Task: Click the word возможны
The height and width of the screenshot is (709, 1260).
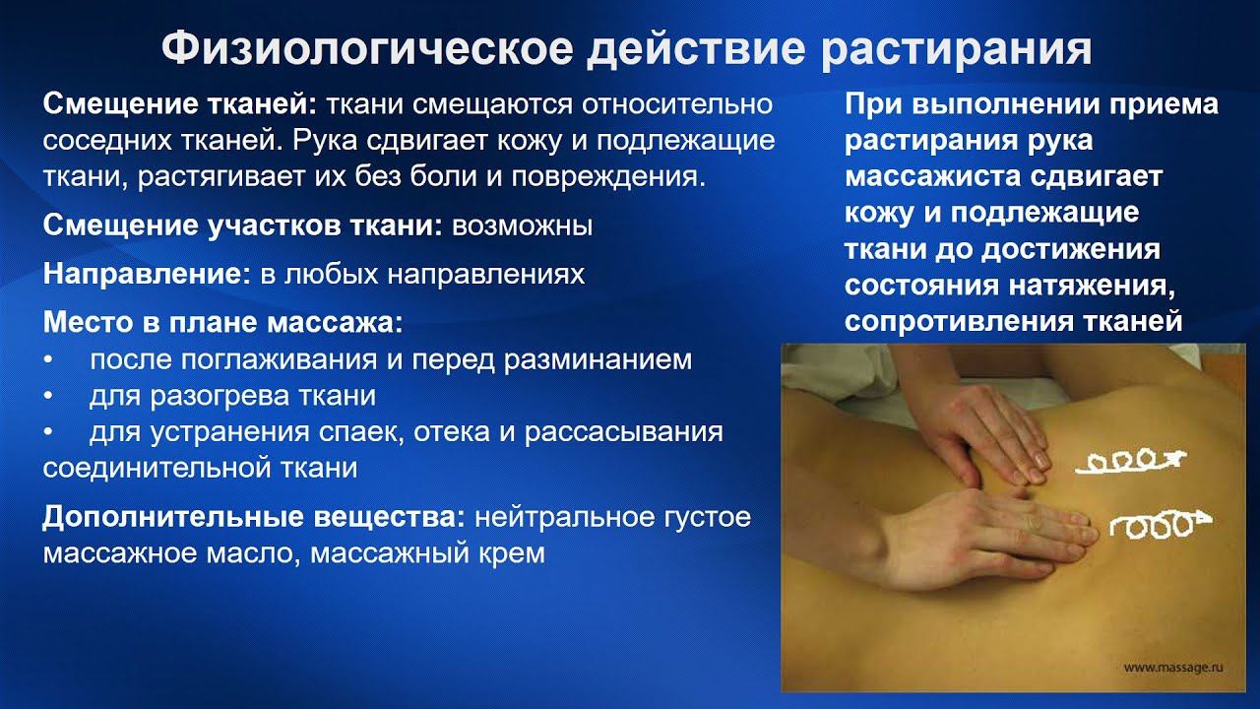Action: (522, 226)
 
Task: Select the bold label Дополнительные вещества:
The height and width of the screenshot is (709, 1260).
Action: (254, 517)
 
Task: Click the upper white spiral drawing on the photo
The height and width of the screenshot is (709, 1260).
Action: (1131, 460)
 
